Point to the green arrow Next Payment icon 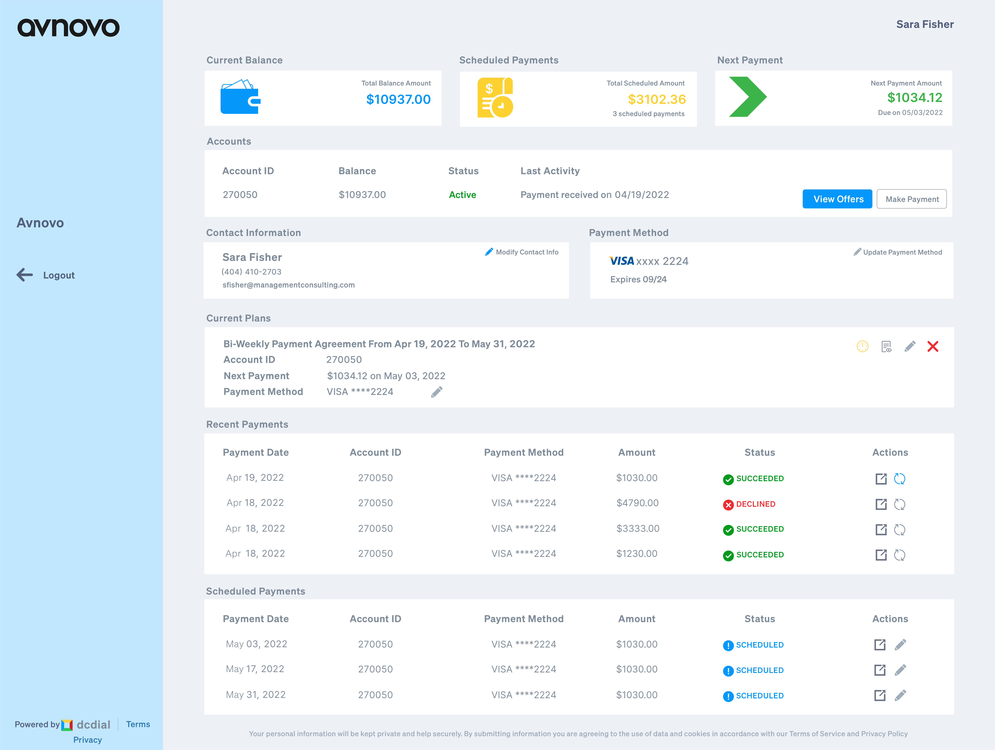point(748,97)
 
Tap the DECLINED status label point(756,504)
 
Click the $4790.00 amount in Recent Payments point(637,503)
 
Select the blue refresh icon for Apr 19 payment point(900,478)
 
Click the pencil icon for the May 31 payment point(901,696)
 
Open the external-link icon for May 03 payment point(880,645)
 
